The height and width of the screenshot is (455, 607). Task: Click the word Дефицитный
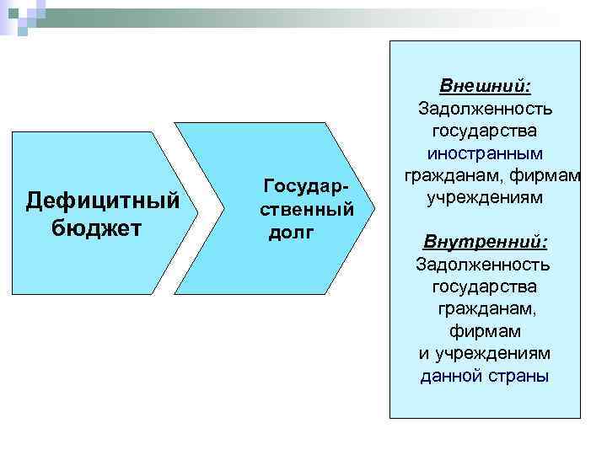[103, 201]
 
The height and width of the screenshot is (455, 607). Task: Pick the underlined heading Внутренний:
[485, 243]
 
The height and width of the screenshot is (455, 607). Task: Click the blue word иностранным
[485, 154]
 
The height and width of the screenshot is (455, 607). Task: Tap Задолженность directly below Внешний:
[485, 109]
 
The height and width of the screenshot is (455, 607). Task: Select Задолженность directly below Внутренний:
[485, 265]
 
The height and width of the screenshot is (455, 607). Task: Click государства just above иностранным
[485, 131]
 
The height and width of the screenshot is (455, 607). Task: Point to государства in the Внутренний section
[485, 287]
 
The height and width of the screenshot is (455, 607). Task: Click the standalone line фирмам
[485, 331]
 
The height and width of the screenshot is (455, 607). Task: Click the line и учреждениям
[485, 353]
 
